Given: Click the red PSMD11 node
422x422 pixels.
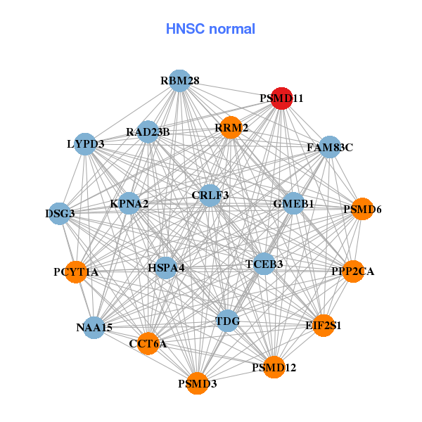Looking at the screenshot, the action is click(x=281, y=98).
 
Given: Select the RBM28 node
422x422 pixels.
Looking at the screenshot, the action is click(x=180, y=81).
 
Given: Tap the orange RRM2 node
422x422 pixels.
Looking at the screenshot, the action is click(x=231, y=127).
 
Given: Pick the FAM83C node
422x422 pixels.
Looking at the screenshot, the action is click(x=330, y=148).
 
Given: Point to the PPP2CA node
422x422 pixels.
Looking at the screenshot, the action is click(x=353, y=271).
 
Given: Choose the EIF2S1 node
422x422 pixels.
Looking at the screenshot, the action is click(x=324, y=326).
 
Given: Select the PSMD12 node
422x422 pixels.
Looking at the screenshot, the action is click(x=274, y=367).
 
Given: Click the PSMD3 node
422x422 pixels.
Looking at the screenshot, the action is click(x=198, y=383).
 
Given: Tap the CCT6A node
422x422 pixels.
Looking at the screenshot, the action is click(x=148, y=343).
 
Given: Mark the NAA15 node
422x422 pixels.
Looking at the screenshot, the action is click(x=94, y=327).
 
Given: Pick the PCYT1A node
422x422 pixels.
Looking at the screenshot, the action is click(x=76, y=271).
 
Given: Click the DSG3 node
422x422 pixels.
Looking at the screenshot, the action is click(x=60, y=213).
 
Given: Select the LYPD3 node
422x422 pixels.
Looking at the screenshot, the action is click(x=85, y=144).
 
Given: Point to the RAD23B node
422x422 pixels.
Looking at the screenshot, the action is click(x=148, y=132).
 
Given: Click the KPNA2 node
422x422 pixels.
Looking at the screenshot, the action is click(x=129, y=204).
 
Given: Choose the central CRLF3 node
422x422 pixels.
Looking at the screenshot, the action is click(x=210, y=195).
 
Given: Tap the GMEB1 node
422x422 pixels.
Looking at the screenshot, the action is click(x=293, y=203).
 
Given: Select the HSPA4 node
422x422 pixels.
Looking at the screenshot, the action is click(x=166, y=267).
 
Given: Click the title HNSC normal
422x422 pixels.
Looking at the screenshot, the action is click(x=210, y=29).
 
